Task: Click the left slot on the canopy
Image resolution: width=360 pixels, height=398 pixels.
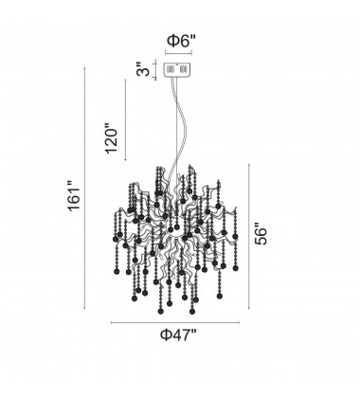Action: [173, 71]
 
